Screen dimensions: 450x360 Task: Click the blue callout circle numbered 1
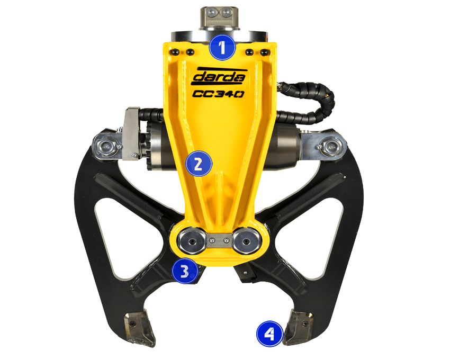(222, 47)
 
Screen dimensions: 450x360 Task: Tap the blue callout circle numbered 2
(199, 164)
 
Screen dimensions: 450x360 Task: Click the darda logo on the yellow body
(218, 76)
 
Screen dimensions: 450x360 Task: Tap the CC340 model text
(218, 94)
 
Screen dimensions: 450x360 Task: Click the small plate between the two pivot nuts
(219, 240)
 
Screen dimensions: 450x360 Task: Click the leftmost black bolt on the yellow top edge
(175, 52)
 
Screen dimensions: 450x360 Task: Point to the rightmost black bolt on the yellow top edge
(265, 52)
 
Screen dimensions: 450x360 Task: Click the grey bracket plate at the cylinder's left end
(131, 133)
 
